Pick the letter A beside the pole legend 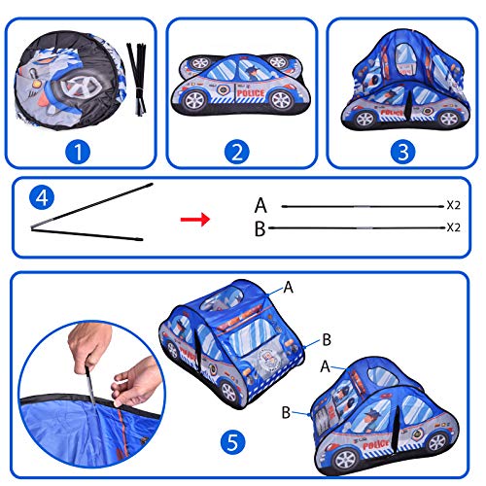(260, 205)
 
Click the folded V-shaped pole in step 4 (87, 211)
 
